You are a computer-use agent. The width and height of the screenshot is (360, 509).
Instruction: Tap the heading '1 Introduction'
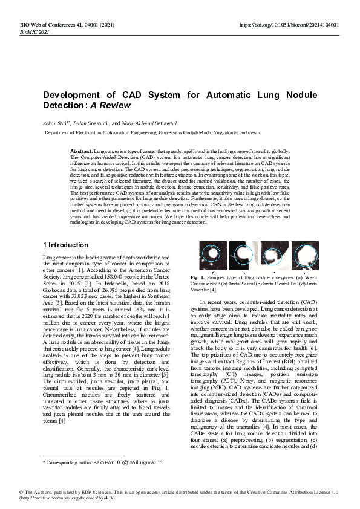[65, 245]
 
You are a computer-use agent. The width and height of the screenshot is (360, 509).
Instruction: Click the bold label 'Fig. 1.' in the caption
[207, 277]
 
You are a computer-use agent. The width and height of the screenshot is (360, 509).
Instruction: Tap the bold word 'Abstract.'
[81, 150]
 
